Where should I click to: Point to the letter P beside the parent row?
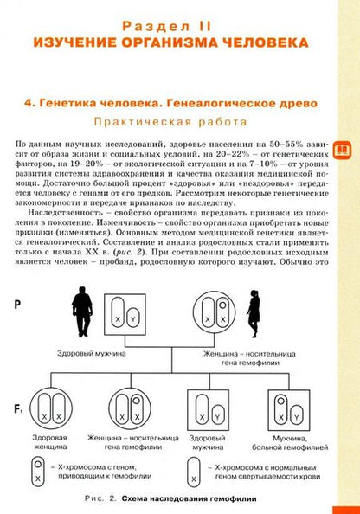20,304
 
